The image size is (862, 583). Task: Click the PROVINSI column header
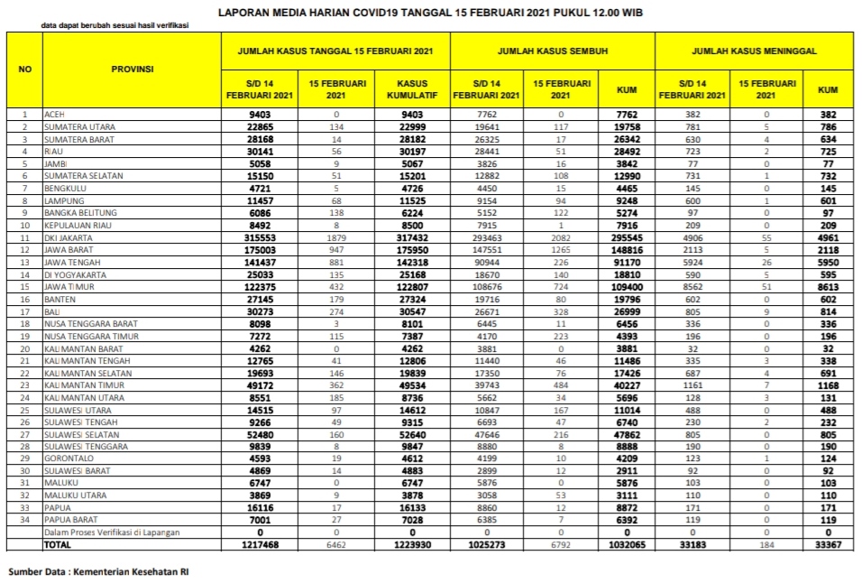tap(133, 69)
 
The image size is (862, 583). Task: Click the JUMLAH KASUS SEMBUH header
tap(553, 51)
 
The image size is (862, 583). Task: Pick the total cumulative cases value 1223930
tap(410, 544)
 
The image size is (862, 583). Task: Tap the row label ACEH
tap(54, 115)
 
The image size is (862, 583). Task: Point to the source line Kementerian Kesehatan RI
tap(99, 571)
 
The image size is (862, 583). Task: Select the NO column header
tap(25, 69)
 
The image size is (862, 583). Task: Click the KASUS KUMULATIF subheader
tap(412, 88)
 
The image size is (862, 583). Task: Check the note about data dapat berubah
tap(115, 26)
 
